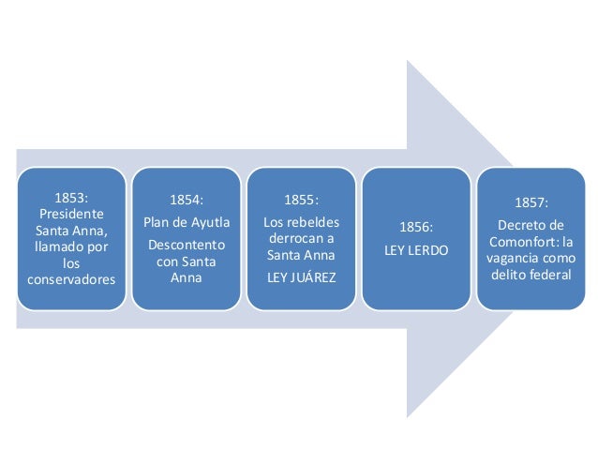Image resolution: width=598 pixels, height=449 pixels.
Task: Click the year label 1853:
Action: pyautogui.click(x=71, y=198)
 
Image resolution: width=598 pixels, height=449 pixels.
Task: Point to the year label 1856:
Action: pyautogui.click(x=415, y=228)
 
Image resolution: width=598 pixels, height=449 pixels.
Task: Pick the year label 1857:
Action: pyautogui.click(x=531, y=202)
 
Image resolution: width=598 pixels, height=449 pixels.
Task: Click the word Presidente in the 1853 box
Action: pyautogui.click(x=71, y=214)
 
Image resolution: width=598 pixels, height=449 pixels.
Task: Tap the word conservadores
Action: pyautogui.click(x=71, y=277)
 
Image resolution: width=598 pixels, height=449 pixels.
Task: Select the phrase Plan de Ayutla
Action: pyautogui.click(x=186, y=222)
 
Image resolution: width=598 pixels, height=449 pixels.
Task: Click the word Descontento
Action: pyautogui.click(x=186, y=245)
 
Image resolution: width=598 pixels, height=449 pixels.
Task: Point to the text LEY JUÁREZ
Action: pyautogui.click(x=301, y=277)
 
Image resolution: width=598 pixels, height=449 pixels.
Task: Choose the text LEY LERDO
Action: pyautogui.click(x=415, y=250)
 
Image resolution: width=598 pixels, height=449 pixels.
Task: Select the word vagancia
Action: pyautogui.click(x=517, y=257)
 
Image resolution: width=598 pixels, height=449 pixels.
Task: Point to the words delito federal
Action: pyautogui.click(x=531, y=273)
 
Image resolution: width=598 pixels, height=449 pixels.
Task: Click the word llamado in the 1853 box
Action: pyautogui.click(x=62, y=246)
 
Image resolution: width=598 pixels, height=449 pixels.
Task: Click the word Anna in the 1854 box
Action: pyautogui.click(x=186, y=277)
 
